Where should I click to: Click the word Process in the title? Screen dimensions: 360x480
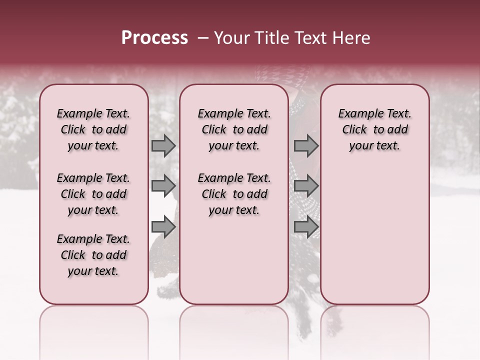(154, 38)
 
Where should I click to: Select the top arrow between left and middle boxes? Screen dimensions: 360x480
(163, 146)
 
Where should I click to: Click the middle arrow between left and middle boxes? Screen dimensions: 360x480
(163, 186)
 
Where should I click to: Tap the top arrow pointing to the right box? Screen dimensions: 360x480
(306, 146)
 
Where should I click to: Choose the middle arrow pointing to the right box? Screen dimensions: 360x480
(306, 186)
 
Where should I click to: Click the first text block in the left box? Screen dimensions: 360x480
(93, 129)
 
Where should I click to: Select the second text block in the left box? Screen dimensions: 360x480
(93, 194)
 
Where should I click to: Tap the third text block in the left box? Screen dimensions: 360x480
(93, 255)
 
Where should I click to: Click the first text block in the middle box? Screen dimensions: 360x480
(234, 129)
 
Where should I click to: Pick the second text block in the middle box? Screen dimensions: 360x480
(234, 194)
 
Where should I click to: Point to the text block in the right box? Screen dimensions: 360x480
(375, 129)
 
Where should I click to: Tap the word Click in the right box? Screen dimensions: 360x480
(354, 130)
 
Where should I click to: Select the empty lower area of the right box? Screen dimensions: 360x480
(375, 235)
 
